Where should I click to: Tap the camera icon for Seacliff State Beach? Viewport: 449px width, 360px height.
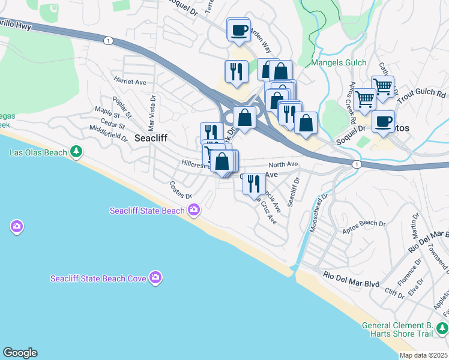pos(194,210)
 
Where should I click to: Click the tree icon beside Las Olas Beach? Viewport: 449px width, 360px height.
pos(76,152)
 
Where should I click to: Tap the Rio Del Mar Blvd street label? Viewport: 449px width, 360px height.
pos(352,275)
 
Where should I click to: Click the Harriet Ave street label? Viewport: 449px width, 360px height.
pos(130,82)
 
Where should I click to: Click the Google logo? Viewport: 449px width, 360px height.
pos(20,353)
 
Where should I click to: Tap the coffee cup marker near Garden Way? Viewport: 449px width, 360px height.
pos(239,30)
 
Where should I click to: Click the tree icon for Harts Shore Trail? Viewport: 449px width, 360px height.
pos(442,328)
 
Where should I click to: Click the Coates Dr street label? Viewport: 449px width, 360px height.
pos(180,191)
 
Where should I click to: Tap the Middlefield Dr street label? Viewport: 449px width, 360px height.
pos(108,133)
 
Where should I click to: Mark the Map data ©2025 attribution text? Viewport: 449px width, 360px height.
pos(424,355)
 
